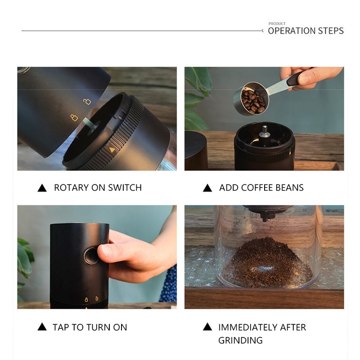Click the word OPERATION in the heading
point(292,31)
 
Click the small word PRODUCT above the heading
point(277,24)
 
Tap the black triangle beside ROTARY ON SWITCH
point(42,188)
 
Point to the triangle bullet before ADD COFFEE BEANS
point(207,188)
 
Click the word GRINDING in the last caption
point(240,340)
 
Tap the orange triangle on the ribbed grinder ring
point(112,150)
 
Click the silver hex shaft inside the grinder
point(265,131)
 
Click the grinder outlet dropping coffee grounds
point(267,213)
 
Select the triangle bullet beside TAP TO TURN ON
point(42,327)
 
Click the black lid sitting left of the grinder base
point(196,150)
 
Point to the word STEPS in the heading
point(331,31)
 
